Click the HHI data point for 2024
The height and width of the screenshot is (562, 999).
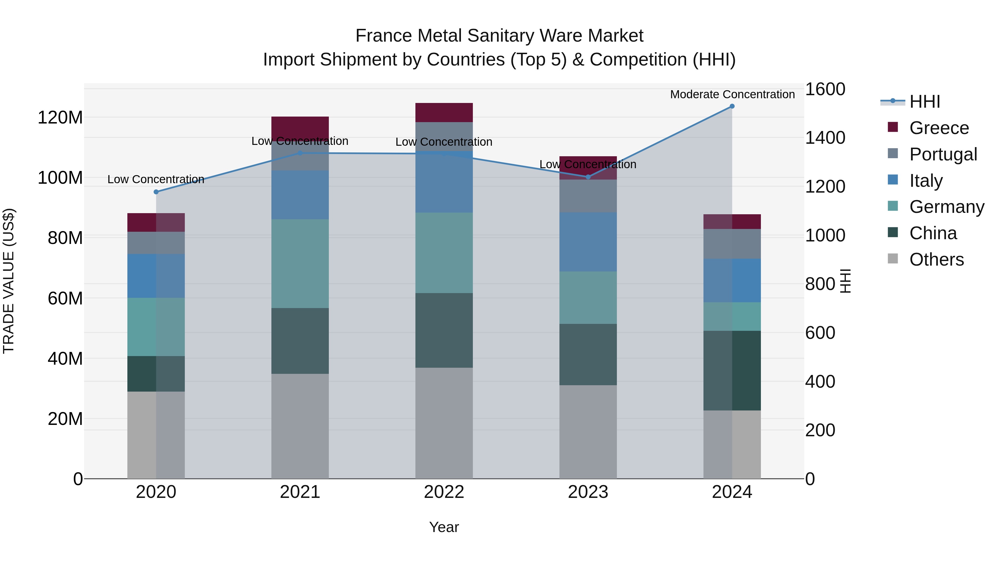tap(732, 106)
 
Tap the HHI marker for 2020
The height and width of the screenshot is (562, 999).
tap(156, 192)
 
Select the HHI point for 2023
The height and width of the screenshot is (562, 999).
tap(588, 177)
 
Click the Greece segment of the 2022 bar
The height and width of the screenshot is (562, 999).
tap(444, 112)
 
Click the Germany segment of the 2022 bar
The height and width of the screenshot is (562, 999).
tap(444, 253)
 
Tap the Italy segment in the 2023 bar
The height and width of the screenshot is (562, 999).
tap(588, 242)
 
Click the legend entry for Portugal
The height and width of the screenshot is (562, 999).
tap(943, 154)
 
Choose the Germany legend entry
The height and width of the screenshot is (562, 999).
tap(946, 207)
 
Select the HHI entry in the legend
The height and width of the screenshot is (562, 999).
tap(925, 102)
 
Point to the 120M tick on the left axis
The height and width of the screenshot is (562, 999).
tap(60, 117)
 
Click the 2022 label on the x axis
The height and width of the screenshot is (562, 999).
tap(444, 492)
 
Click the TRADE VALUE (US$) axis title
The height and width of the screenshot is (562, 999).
tap(9, 281)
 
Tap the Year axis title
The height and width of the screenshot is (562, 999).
tap(444, 527)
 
